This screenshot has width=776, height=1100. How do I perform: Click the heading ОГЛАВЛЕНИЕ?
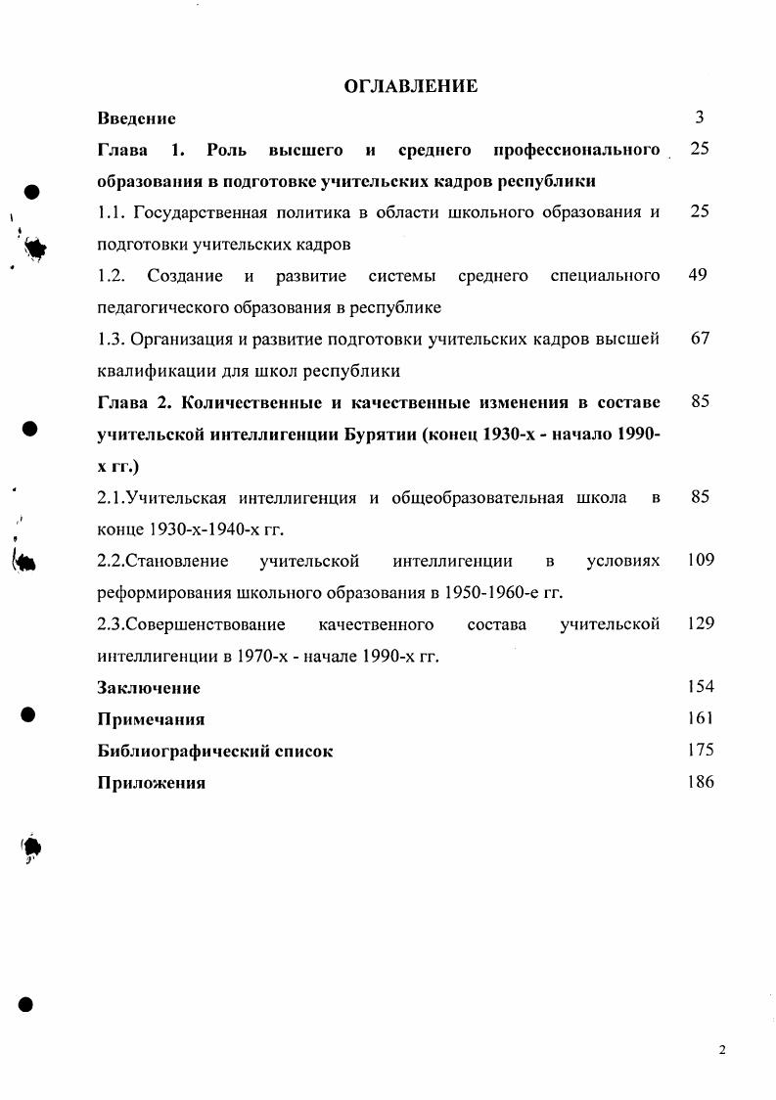coord(411,86)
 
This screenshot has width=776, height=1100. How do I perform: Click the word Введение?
coord(136,118)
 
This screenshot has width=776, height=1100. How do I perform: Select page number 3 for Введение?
coord(700,117)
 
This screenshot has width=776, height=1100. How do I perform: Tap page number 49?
coord(698,275)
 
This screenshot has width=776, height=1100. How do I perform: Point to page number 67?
coord(700,339)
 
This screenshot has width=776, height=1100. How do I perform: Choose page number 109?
coord(701,560)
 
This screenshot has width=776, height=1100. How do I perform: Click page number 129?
coord(701,623)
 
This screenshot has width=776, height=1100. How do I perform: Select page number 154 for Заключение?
coord(701,686)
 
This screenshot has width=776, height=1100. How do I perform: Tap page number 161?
coord(701,718)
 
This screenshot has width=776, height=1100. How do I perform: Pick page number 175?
coord(701,750)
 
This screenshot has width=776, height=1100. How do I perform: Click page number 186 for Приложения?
coord(701,781)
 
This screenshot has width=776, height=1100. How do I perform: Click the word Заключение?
coord(149,687)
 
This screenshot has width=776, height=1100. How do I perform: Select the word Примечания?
coord(151,719)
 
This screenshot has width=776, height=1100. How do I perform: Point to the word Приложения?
coord(151,782)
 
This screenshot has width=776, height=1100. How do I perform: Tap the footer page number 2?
coord(722,1050)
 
